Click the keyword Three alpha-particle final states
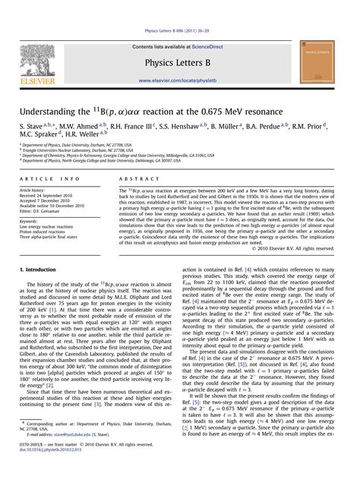(55, 238)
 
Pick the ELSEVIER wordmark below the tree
(36, 79)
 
